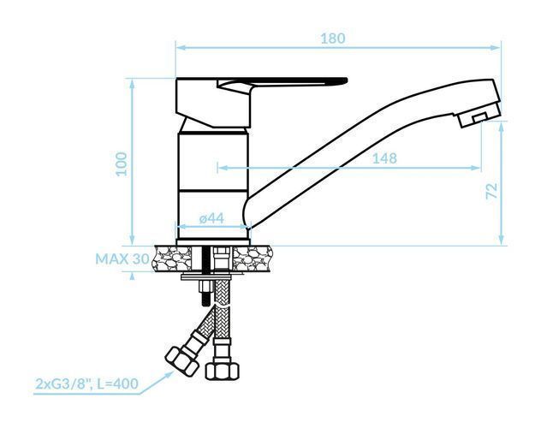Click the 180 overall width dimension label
333,39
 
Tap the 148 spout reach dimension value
384,158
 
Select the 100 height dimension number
122,163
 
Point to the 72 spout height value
491,191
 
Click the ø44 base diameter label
211,218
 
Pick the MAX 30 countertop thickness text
122,259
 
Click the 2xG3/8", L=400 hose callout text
87,383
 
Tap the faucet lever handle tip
344,80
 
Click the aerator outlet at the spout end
479,117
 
